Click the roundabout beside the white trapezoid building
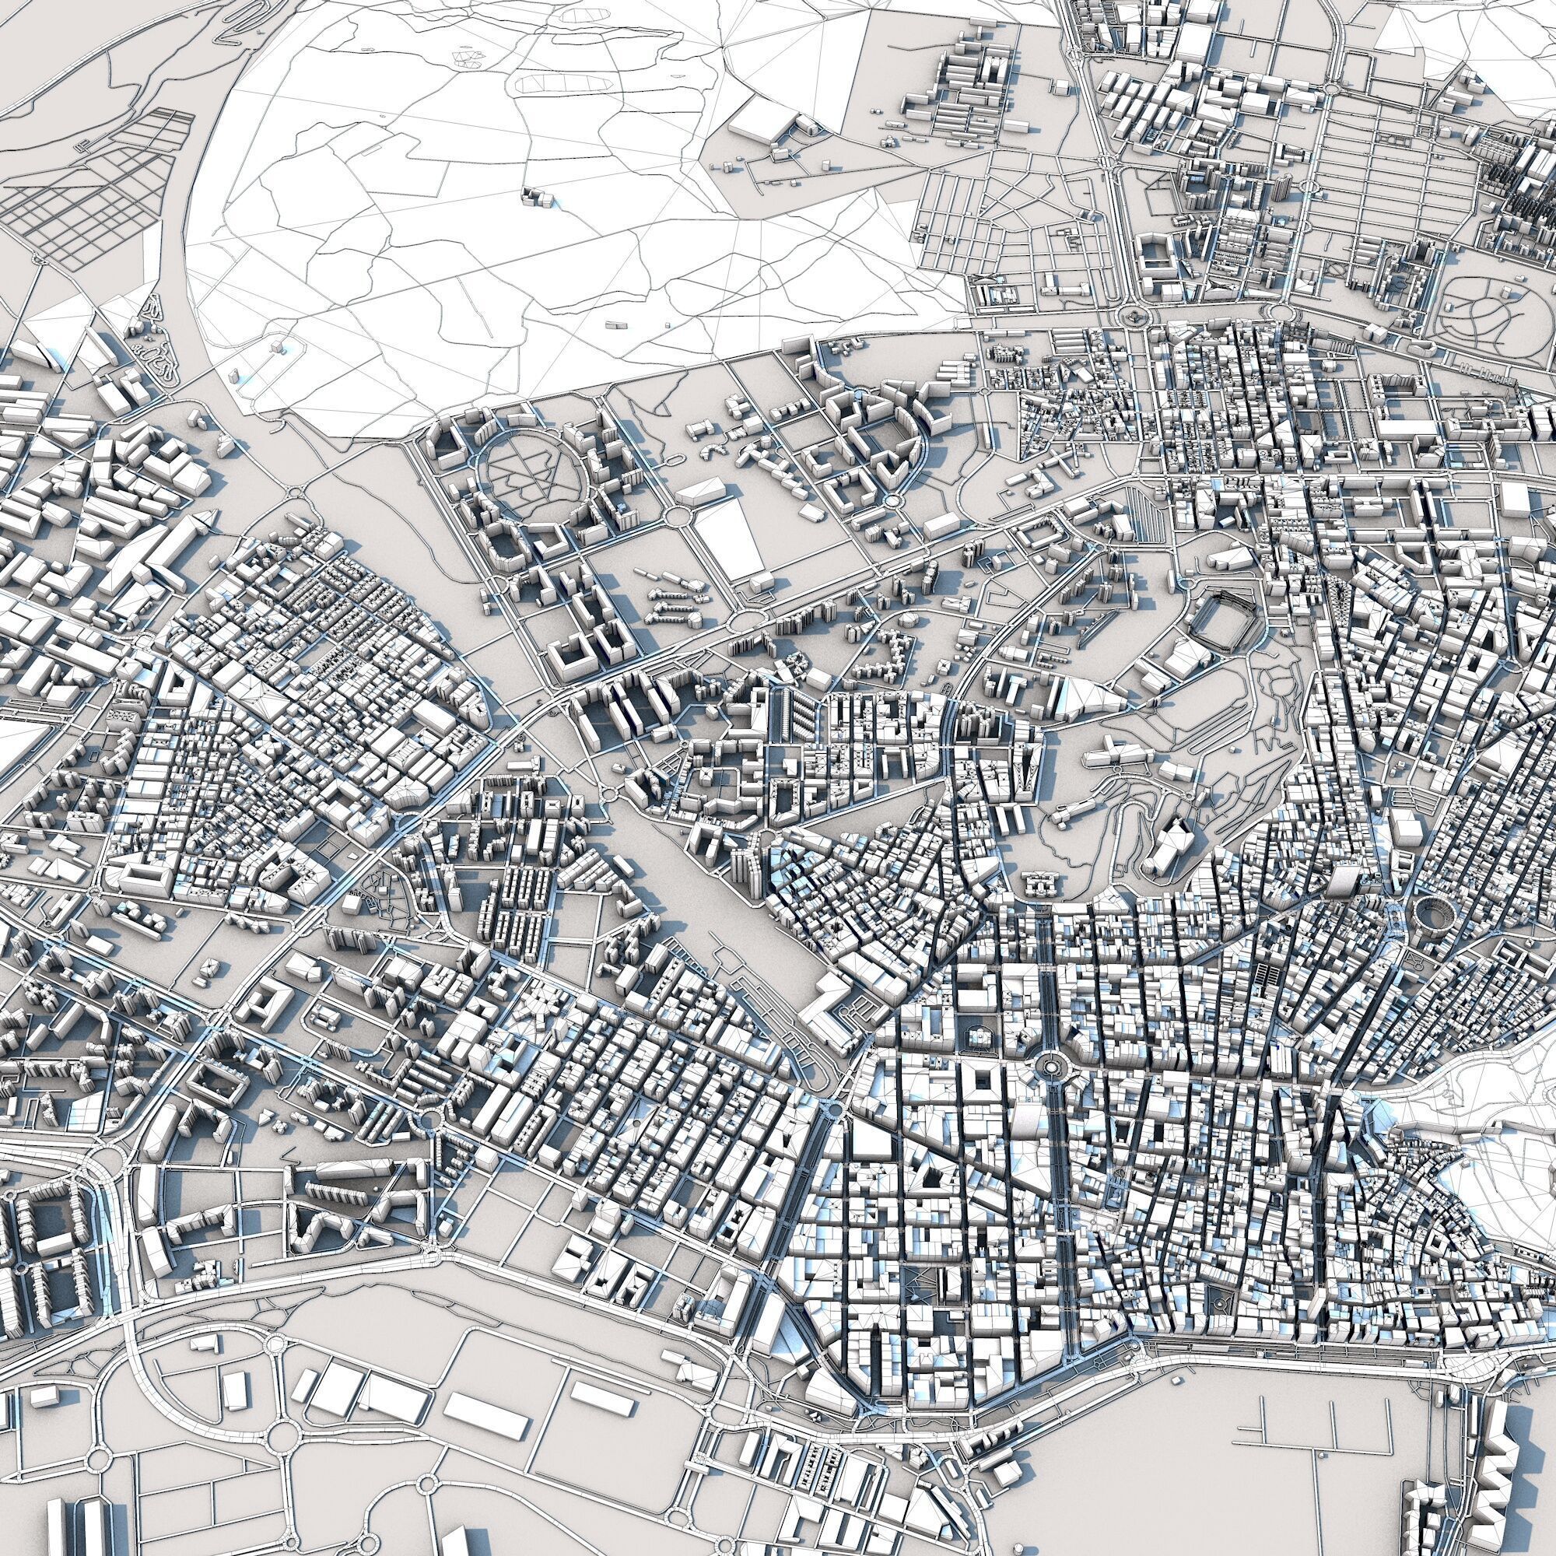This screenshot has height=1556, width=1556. pyautogui.click(x=681, y=516)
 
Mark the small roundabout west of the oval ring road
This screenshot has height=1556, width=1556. pyautogui.click(x=295, y=492)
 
